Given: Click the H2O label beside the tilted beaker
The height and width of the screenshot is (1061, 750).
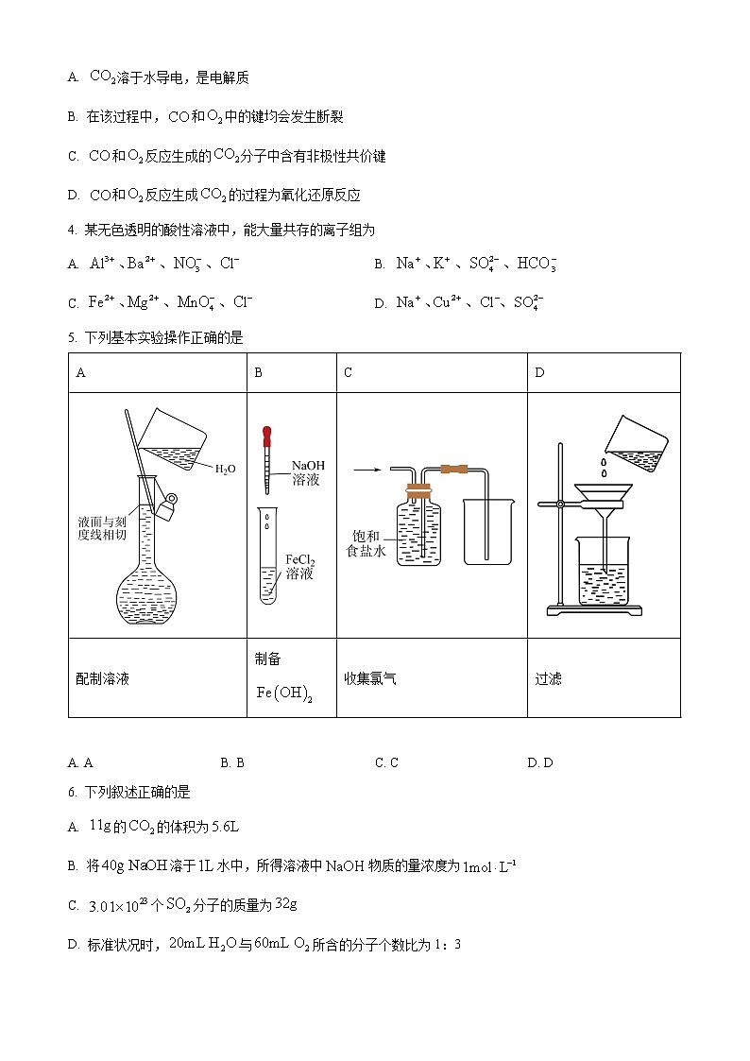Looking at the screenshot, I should (x=225, y=469).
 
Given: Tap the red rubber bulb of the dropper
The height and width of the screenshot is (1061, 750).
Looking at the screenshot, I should (x=267, y=436).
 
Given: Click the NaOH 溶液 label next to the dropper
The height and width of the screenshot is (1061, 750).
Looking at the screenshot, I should (x=307, y=472).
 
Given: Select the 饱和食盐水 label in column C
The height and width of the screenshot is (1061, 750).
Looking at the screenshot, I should (x=366, y=543).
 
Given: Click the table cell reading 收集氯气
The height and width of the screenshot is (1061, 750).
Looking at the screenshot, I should (x=370, y=678).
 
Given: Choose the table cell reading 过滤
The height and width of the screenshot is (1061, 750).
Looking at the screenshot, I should (x=548, y=678).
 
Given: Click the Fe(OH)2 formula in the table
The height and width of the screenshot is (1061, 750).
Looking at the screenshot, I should (x=284, y=693).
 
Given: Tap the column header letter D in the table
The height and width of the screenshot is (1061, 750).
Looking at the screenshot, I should (x=539, y=372).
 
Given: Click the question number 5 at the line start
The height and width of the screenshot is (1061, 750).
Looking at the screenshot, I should (x=72, y=338).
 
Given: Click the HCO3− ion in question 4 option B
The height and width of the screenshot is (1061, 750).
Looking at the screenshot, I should (x=537, y=264).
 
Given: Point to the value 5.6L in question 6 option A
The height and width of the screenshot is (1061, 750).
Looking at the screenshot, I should (x=224, y=827).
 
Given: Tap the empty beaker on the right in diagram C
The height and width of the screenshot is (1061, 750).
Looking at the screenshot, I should (x=488, y=534).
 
